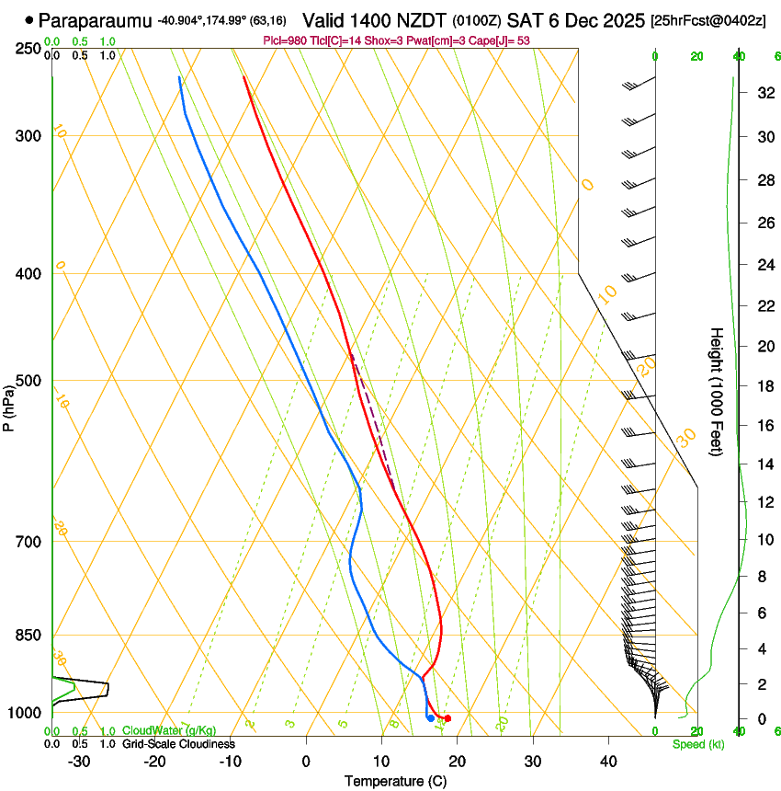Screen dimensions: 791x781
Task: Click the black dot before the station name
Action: pos(29,19)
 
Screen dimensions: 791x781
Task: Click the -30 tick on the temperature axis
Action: pos(79,762)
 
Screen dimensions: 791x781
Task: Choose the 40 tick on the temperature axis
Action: pos(608,762)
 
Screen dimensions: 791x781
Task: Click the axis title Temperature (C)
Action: pos(395,782)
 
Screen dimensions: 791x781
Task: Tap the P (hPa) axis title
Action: pos(8,406)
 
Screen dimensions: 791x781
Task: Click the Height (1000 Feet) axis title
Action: pos(717,391)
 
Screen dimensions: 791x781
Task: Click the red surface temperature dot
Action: pos(447,718)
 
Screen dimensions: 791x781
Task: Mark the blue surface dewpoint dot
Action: pos(430,717)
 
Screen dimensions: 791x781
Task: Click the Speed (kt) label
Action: pos(697,744)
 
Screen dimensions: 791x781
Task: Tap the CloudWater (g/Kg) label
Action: pos(169,731)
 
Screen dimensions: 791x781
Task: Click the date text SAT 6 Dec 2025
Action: pos(570,19)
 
